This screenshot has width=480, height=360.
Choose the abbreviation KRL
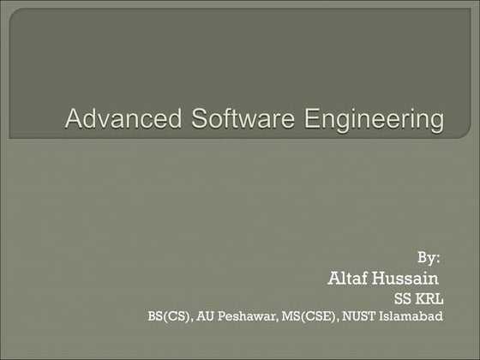click(429, 299)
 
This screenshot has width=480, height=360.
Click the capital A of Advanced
click(75, 118)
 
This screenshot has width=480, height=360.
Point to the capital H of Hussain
click(380, 279)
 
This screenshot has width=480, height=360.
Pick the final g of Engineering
click(436, 122)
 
